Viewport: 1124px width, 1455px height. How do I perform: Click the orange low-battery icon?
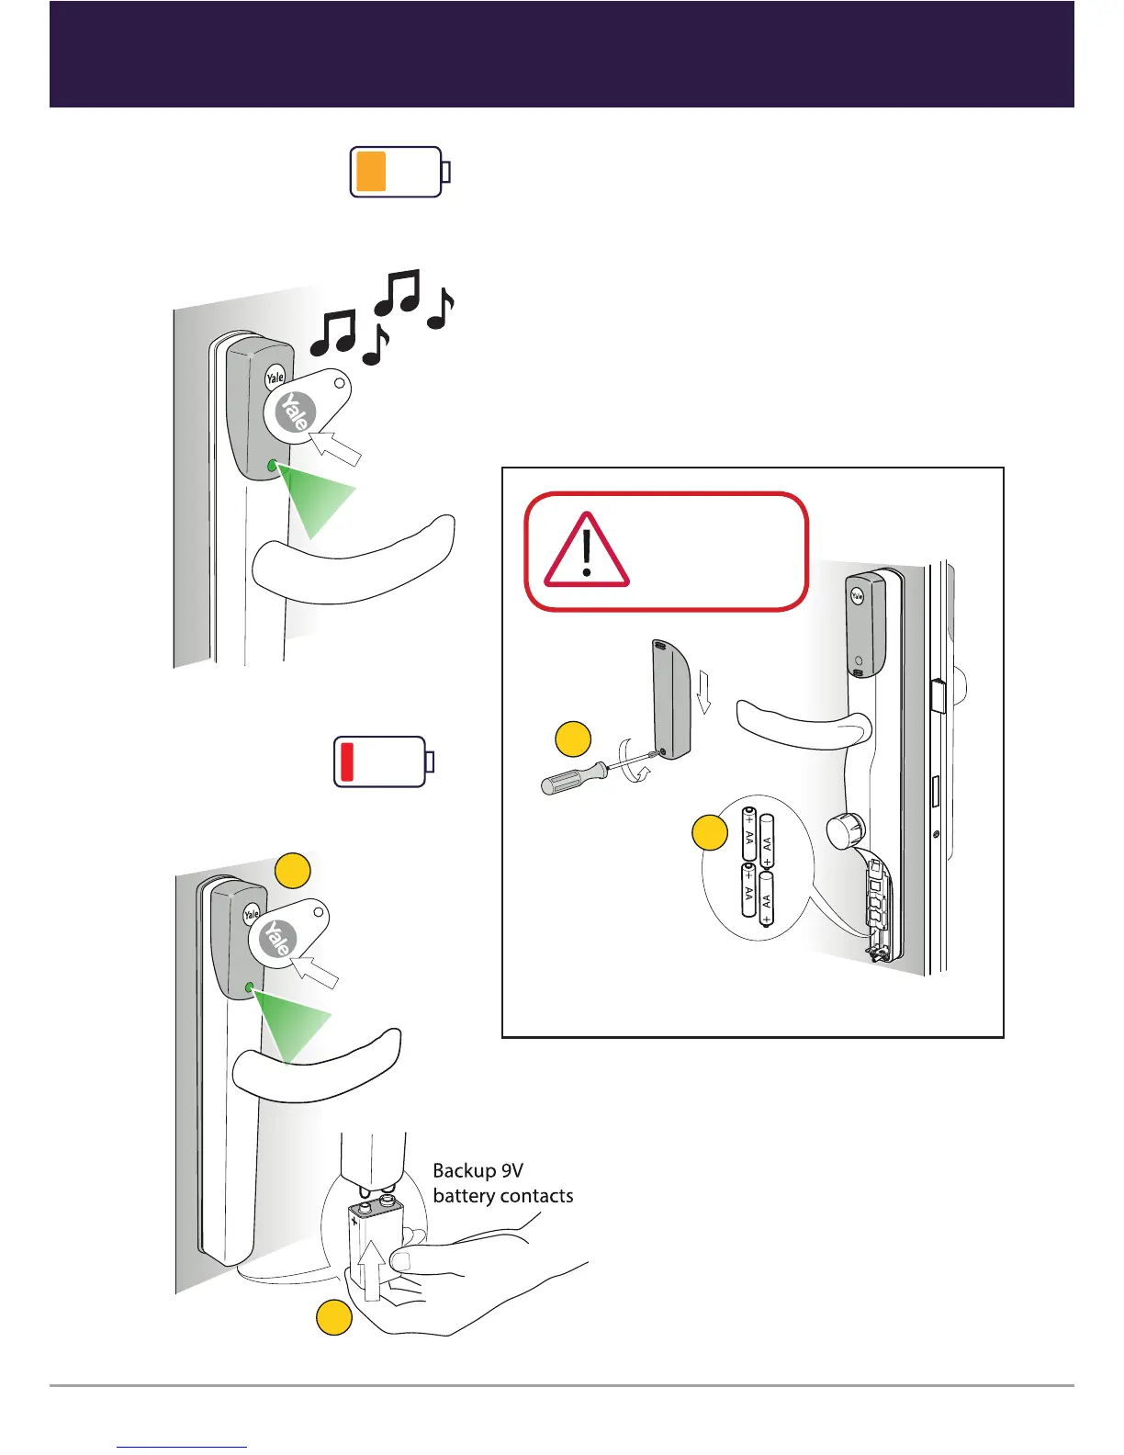[399, 172]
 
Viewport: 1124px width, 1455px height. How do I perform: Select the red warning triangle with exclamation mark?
[587, 550]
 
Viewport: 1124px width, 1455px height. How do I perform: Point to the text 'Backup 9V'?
[478, 1170]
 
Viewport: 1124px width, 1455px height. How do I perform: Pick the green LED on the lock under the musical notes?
[272, 467]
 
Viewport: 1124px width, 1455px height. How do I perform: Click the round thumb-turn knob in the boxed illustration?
[846, 832]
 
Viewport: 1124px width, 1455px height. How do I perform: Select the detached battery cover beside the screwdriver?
[671, 700]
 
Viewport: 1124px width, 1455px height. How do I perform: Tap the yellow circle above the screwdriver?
[573, 740]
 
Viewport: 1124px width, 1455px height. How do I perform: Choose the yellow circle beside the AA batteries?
[709, 832]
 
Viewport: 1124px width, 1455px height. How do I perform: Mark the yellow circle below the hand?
[334, 1318]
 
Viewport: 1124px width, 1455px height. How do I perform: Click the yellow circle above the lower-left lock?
[293, 870]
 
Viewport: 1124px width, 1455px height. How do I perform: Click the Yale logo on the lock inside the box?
[857, 595]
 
